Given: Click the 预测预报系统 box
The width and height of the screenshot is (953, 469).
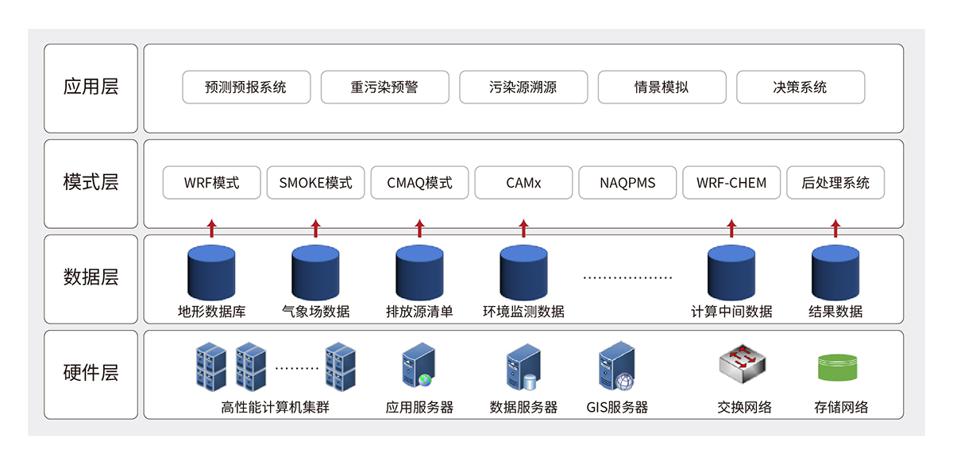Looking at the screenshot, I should click(x=245, y=87).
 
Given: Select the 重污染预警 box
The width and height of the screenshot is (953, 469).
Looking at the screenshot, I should click(x=384, y=87).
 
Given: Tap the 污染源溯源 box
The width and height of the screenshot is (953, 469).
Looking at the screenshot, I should click(x=523, y=87).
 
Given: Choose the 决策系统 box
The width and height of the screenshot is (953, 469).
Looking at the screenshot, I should click(x=800, y=87).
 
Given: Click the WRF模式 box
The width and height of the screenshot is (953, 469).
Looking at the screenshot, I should click(x=211, y=183).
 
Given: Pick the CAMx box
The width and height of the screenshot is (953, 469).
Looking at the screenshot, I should click(x=523, y=183).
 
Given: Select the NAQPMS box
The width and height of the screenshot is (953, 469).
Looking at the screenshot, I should click(x=627, y=183).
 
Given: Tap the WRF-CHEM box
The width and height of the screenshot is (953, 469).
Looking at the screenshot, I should click(x=731, y=183).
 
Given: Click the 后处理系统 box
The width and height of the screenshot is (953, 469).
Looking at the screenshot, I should click(x=835, y=183).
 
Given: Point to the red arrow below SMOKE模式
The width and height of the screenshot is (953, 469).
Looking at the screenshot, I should click(x=315, y=229).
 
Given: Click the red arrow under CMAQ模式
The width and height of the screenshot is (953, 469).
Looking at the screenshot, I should click(x=419, y=229).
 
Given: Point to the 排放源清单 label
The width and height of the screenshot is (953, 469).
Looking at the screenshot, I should click(x=419, y=312).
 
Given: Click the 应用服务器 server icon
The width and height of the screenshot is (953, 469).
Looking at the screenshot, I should click(x=419, y=366).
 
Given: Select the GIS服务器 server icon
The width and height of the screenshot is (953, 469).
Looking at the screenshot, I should click(x=617, y=366).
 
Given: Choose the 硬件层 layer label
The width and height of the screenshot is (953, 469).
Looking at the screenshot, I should click(x=91, y=373).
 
